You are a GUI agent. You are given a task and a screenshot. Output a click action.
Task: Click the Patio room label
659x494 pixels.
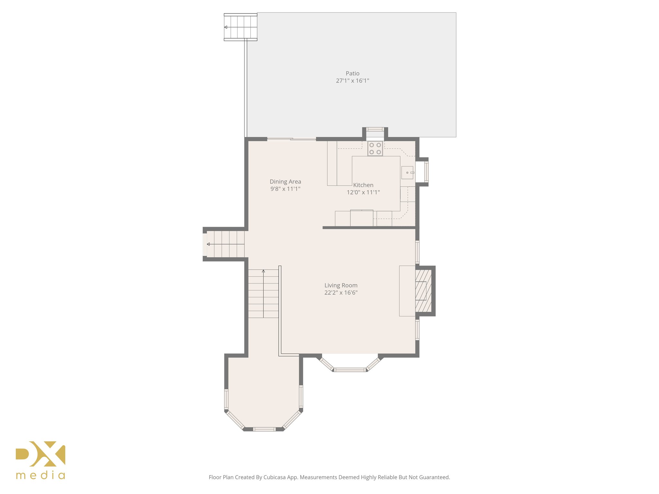click(x=352, y=74)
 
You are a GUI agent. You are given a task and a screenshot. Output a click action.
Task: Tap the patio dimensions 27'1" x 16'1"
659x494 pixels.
click(x=352, y=81)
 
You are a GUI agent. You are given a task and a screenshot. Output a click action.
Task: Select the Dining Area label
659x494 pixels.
click(x=285, y=182)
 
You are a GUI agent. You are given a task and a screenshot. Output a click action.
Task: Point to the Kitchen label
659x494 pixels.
click(x=363, y=185)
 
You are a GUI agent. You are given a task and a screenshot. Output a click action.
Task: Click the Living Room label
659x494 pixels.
click(x=341, y=285)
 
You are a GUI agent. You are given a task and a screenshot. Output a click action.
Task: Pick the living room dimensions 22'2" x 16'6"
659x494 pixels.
click(x=341, y=293)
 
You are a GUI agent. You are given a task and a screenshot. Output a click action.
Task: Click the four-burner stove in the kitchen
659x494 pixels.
click(x=375, y=149)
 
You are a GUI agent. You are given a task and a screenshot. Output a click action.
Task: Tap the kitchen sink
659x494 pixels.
click(x=407, y=173)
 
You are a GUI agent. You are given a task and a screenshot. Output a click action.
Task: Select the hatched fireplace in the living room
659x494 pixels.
click(x=423, y=291)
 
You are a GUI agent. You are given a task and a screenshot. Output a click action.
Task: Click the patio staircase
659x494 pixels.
click(x=241, y=27)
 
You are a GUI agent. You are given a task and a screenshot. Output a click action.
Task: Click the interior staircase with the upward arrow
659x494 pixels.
click(x=263, y=294)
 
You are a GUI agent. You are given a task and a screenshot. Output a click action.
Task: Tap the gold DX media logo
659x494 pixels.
click(x=41, y=460)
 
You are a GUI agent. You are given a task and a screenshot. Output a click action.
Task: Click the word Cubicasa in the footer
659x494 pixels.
click(x=275, y=477)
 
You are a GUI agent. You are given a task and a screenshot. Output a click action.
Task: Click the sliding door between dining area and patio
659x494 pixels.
click(x=292, y=139)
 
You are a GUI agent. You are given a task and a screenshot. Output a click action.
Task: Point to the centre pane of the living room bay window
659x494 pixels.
click(x=350, y=370)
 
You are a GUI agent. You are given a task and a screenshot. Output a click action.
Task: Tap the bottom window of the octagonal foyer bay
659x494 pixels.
click(x=264, y=429)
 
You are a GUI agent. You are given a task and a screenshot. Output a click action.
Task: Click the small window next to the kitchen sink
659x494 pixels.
click(x=426, y=172)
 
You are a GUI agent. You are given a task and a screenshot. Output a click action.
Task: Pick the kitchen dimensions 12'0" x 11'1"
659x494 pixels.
click(x=363, y=193)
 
